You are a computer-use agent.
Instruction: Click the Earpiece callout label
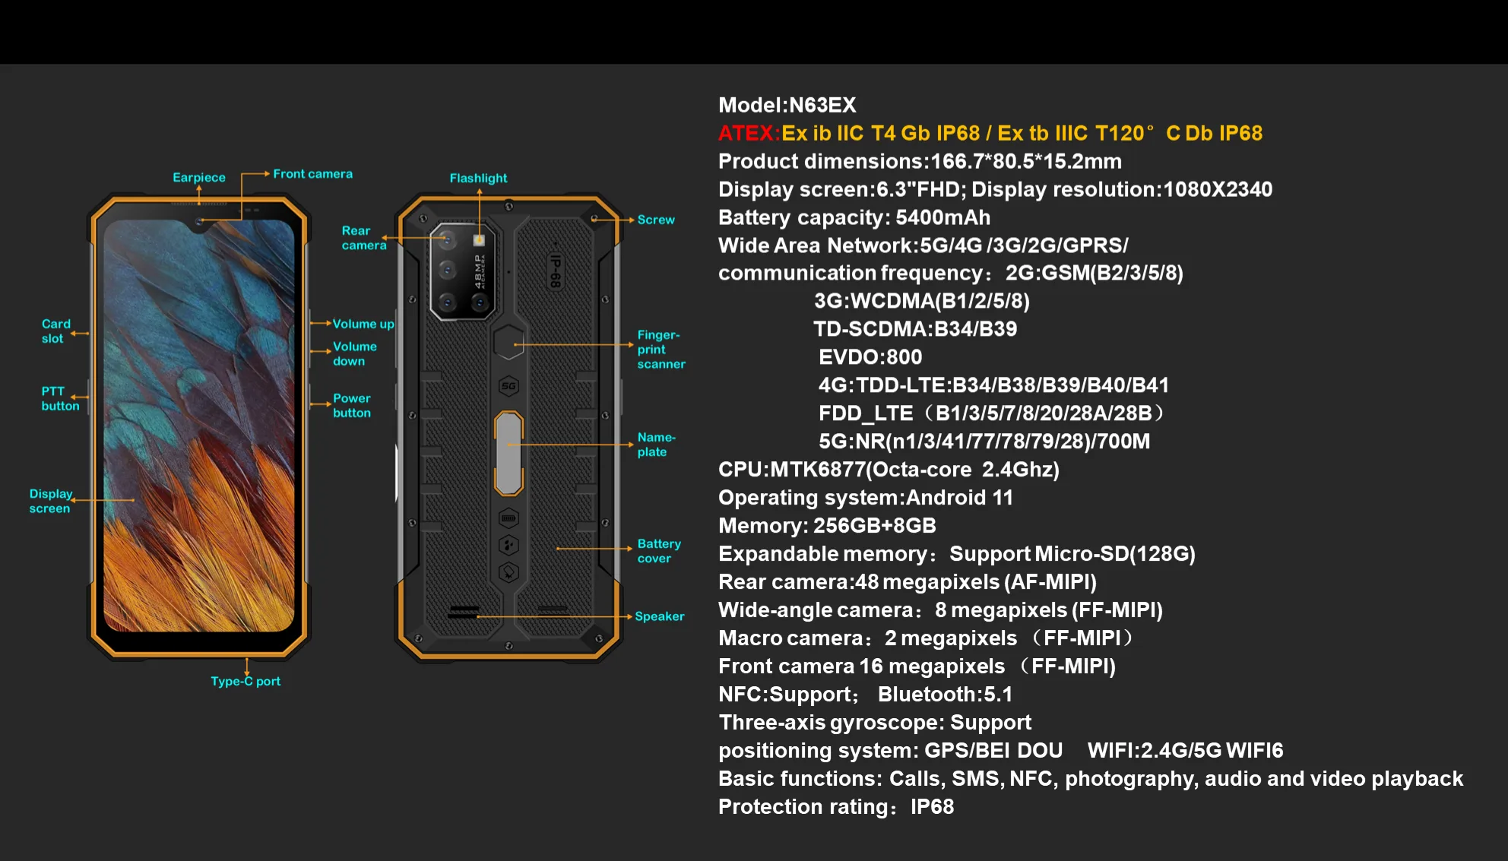(199, 178)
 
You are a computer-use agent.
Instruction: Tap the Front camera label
(312, 174)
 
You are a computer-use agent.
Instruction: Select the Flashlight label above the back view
(478, 179)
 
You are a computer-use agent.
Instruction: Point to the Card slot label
(55, 331)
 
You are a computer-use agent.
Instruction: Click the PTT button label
(60, 399)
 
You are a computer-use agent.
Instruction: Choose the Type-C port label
(246, 682)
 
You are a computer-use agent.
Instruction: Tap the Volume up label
(363, 324)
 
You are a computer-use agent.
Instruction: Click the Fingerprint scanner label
(661, 350)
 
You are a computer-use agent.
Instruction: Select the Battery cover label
(659, 551)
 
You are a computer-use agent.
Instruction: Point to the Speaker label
(659, 616)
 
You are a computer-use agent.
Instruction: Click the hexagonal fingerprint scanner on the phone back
(508, 343)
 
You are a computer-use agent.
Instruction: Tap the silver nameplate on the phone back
(508, 453)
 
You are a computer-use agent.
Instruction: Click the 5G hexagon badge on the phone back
(508, 386)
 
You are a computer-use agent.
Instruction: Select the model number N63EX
(822, 106)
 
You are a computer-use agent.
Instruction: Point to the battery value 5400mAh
(943, 218)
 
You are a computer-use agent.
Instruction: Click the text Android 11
(959, 499)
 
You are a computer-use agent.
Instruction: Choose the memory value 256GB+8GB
(874, 526)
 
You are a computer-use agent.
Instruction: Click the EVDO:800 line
(870, 357)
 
